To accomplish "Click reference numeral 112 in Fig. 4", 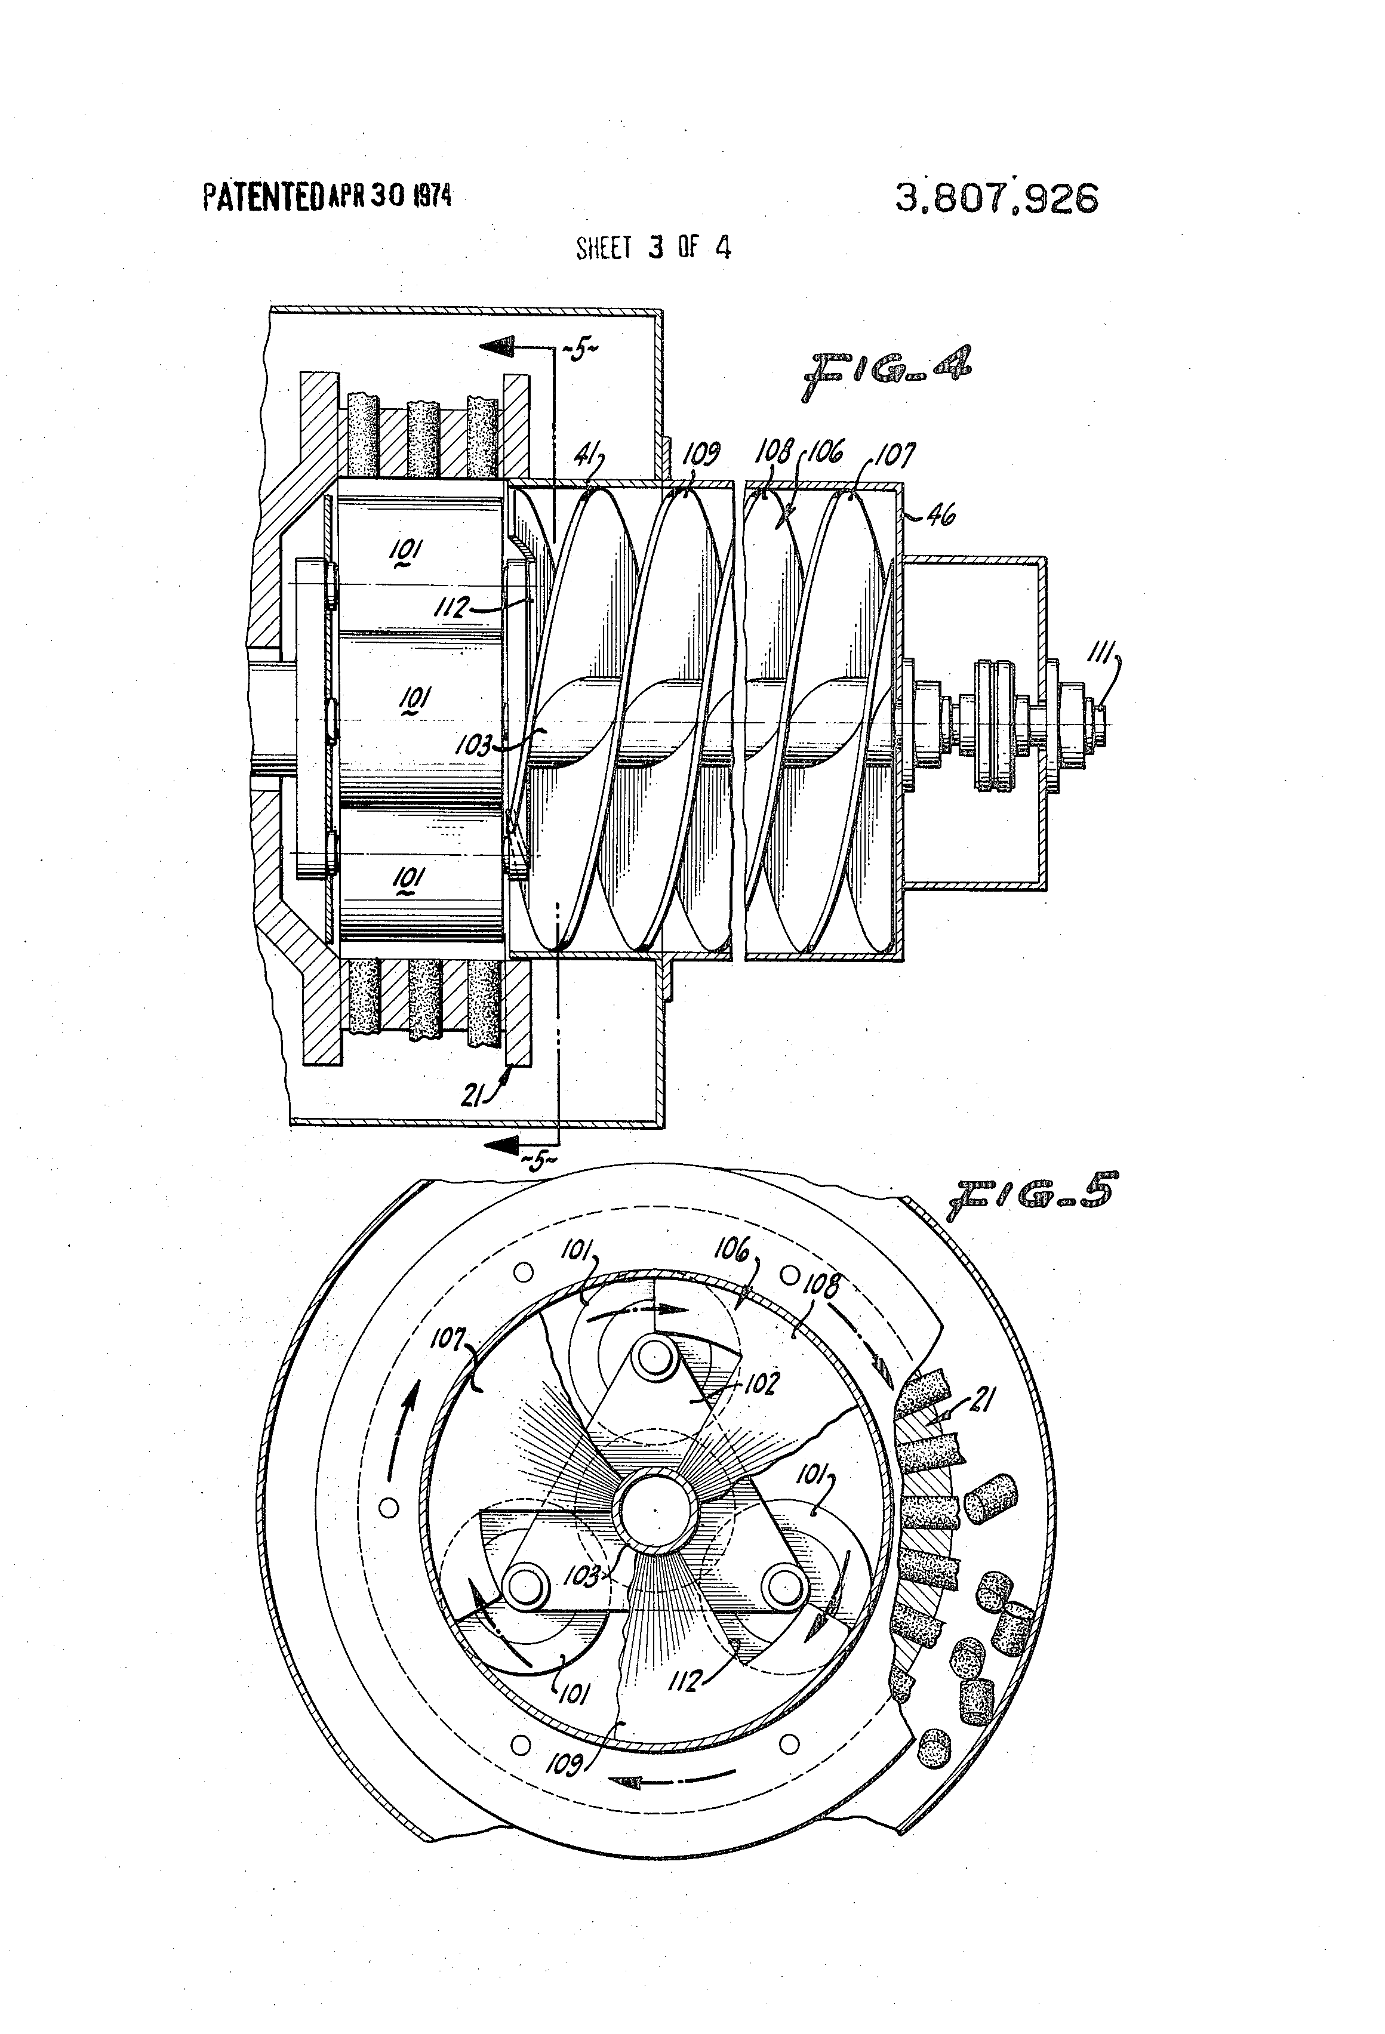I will [454, 606].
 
